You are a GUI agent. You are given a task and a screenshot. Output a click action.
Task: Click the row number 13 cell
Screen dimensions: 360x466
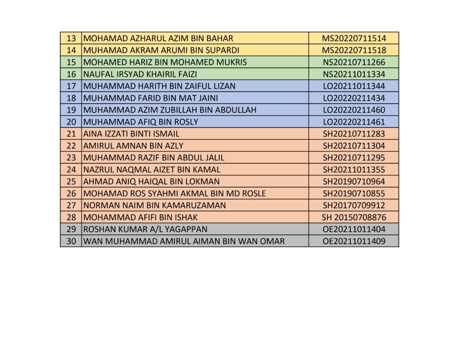(71, 38)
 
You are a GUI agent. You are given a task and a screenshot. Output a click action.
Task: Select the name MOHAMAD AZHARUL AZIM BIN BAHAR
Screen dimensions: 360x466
(158, 38)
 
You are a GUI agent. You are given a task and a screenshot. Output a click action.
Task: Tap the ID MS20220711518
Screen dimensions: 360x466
(354, 50)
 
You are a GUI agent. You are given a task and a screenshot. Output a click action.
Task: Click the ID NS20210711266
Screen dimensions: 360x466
(354, 62)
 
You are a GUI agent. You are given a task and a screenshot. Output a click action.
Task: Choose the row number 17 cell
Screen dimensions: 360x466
(71, 86)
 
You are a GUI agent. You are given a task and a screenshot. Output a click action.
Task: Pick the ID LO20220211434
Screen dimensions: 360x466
(354, 98)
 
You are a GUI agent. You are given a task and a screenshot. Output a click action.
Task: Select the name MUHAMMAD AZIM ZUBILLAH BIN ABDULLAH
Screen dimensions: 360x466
(170, 110)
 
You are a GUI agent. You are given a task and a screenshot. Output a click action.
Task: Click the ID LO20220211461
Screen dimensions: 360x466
(354, 122)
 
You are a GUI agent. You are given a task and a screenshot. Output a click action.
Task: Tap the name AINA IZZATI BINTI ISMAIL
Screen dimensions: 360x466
(132, 134)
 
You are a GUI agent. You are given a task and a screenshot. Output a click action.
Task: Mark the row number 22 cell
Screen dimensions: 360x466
(71, 146)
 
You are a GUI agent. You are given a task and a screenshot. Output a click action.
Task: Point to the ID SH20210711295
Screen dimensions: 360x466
(354, 158)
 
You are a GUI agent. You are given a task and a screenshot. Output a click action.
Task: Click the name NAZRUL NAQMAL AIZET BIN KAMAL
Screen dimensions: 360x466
(152, 170)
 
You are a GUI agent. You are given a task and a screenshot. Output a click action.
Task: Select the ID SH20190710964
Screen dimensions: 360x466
(354, 182)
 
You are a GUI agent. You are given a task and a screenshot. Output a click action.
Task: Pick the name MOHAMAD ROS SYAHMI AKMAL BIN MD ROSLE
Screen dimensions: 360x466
(175, 193)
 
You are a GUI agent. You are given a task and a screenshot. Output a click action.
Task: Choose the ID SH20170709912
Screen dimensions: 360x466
(354, 206)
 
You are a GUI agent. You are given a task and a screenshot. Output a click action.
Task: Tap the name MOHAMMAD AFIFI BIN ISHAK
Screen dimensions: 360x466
(141, 218)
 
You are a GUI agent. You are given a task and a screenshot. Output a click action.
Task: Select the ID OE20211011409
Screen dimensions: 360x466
(354, 241)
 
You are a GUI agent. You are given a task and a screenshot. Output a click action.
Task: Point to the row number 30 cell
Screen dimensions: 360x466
(71, 241)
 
